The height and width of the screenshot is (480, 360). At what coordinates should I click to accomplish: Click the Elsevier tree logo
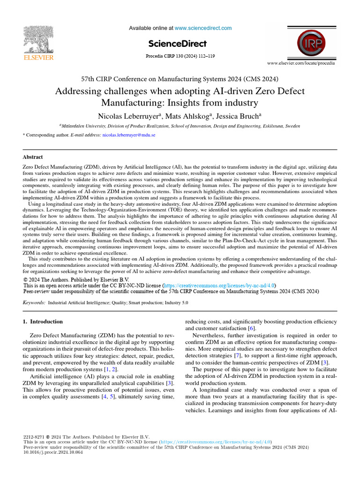(38, 39)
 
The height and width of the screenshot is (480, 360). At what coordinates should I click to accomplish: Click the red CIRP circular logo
(313, 43)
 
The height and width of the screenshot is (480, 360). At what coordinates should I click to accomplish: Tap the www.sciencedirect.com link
(203, 28)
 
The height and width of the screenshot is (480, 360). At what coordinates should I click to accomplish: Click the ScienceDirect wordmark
(177, 44)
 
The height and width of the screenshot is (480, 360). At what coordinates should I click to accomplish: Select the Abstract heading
(33, 157)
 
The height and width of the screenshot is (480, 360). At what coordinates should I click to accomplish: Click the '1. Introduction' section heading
(43, 322)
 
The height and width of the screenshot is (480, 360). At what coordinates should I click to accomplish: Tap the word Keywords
(34, 303)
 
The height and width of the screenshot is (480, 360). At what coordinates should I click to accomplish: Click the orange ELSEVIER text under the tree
(38, 58)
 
